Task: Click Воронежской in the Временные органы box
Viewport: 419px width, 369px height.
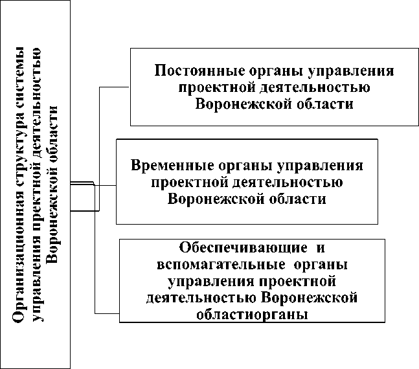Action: (x=207, y=199)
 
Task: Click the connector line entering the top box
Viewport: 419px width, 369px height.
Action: (x=113, y=85)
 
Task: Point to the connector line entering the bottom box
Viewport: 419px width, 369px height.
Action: (x=107, y=313)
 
